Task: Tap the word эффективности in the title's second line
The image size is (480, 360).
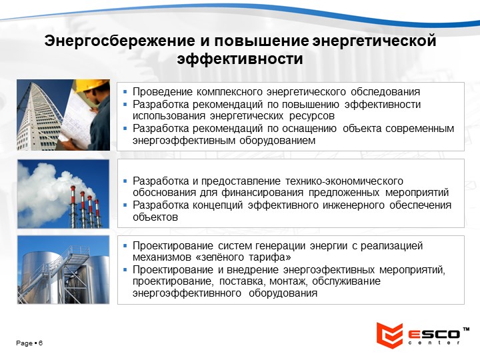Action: click(x=240, y=59)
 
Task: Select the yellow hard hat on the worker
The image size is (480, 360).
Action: click(x=92, y=85)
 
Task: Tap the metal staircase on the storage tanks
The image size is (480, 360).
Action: click(x=61, y=269)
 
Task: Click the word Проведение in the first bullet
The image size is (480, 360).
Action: click(x=163, y=92)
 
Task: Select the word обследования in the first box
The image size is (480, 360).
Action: click(x=385, y=92)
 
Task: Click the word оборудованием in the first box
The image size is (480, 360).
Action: click(x=277, y=141)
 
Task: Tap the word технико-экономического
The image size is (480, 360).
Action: click(x=345, y=181)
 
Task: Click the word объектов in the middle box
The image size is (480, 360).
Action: click(x=155, y=217)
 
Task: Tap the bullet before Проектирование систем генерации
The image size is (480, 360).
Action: click(x=125, y=245)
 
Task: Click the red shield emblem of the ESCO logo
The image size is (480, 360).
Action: click(x=389, y=335)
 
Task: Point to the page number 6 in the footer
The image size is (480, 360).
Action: click(x=41, y=343)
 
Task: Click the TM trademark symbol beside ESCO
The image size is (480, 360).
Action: click(x=466, y=329)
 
